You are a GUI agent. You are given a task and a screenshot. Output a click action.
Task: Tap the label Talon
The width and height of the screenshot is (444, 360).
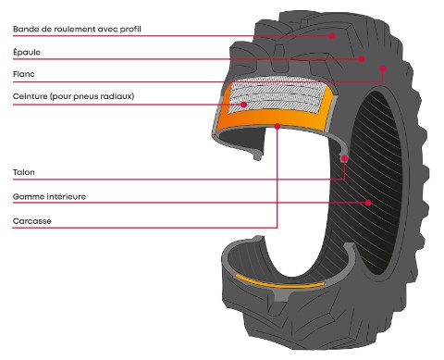point(23,172)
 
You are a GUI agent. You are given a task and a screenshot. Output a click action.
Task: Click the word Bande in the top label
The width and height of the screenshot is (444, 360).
point(25,30)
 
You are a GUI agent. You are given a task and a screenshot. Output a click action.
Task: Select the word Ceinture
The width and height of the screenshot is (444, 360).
point(31,95)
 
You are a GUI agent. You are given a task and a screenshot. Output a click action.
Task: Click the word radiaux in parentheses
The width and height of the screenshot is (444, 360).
point(118,95)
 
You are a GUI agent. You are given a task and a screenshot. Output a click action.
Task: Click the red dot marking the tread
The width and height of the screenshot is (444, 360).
point(332,36)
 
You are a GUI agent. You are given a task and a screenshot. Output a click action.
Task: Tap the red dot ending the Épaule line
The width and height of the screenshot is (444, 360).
point(363,59)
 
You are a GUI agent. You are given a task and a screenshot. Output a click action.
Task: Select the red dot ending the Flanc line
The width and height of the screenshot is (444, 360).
point(383,68)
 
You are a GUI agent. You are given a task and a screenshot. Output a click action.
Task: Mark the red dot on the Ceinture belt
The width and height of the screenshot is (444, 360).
point(244,105)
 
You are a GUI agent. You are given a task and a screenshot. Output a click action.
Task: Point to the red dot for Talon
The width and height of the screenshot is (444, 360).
point(345,159)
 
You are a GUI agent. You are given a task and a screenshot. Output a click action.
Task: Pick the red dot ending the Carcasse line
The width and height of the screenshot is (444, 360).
point(277,130)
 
